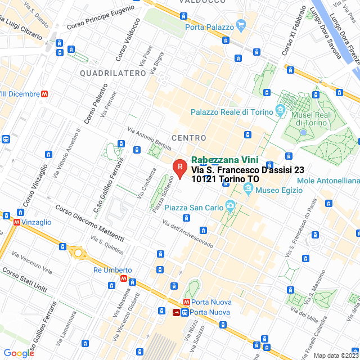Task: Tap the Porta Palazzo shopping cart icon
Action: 241,25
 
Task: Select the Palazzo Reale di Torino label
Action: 231,112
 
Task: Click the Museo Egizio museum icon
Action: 247,191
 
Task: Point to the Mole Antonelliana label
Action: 328,181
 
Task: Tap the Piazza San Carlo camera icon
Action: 229,206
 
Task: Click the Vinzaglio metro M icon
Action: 18,222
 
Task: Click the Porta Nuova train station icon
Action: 177,312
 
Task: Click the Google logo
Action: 18,353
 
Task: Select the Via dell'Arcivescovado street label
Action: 187,233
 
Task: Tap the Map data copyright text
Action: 336,355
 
